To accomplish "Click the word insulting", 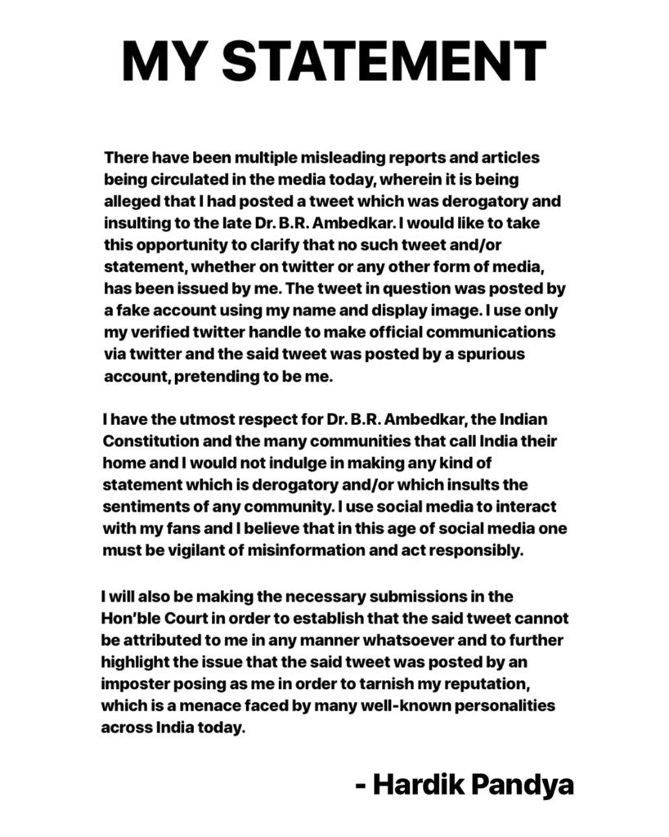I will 135,222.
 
